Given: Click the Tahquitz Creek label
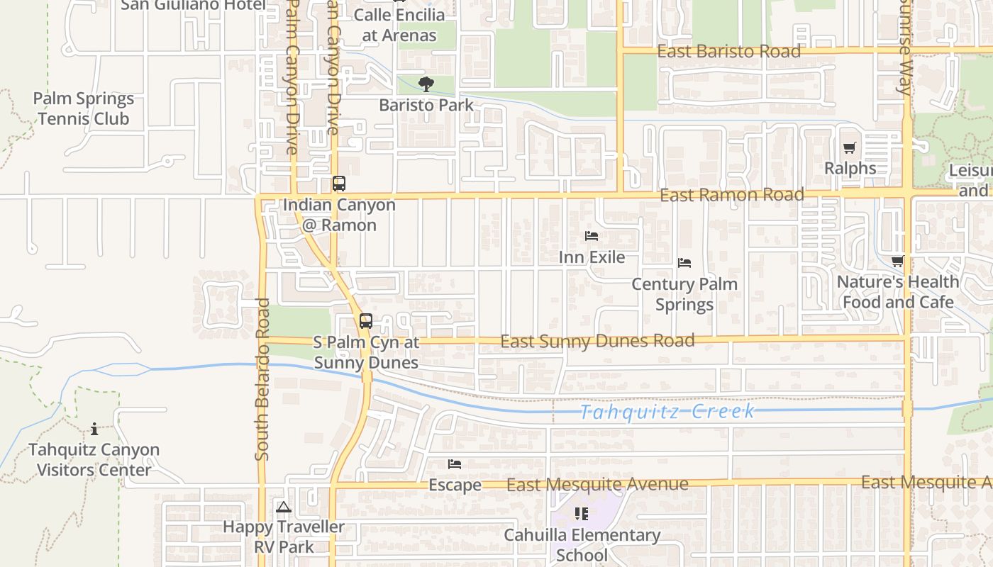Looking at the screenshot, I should (667, 411).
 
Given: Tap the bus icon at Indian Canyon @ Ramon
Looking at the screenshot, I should (339, 184).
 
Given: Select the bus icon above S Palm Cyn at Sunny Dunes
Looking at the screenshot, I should (366, 321).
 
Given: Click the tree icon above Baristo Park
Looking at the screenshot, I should (426, 85).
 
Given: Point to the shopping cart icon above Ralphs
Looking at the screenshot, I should (849, 148).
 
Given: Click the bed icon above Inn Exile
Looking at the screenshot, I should (592, 236).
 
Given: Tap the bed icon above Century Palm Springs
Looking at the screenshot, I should (684, 263).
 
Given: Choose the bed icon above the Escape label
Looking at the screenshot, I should (455, 464).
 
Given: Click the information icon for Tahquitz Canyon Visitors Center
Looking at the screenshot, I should (94, 429).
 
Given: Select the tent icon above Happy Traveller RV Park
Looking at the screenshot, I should (284, 507).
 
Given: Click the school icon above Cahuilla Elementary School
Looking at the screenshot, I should (582, 514).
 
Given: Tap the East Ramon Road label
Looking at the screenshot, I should (731, 195).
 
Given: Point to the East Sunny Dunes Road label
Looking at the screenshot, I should (597, 341).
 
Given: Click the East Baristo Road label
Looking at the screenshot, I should (728, 51).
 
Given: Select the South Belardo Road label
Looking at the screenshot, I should (262, 379).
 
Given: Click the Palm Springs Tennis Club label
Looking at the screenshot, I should (84, 108).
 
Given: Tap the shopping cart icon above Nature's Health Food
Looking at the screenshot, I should (897, 262).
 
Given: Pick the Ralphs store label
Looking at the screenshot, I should (850, 169).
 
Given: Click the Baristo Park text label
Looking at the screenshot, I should (426, 105).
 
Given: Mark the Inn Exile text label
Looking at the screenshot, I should (592, 257).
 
